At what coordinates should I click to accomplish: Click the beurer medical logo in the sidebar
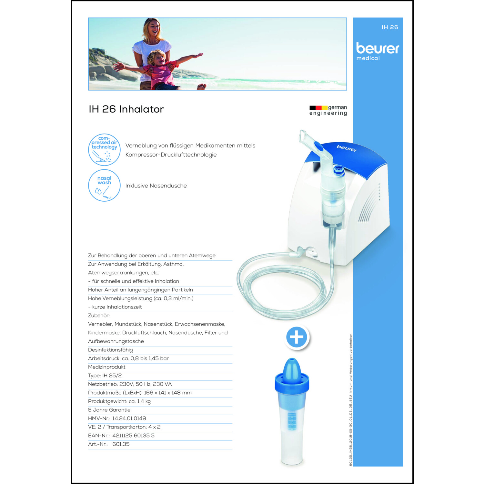click(378, 51)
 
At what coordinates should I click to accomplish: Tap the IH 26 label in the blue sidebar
click(390, 27)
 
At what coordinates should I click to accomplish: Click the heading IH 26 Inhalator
click(126, 109)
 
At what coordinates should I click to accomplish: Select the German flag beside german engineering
click(318, 108)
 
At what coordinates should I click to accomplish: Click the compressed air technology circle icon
click(104, 150)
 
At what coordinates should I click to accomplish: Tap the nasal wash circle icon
click(104, 186)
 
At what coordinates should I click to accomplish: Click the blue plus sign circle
click(297, 337)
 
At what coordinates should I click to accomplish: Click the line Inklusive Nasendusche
click(156, 186)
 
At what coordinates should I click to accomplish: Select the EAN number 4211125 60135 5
click(133, 436)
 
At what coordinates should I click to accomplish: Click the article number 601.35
click(121, 444)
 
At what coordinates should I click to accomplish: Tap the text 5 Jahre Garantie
click(109, 410)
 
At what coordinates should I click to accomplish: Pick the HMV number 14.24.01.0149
click(129, 418)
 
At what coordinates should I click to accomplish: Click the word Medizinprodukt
click(106, 367)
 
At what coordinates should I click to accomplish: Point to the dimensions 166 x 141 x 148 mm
click(167, 393)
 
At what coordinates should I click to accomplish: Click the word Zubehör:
click(99, 316)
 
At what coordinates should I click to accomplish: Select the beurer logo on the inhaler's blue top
click(347, 148)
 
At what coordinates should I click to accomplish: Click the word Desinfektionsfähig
click(110, 350)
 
